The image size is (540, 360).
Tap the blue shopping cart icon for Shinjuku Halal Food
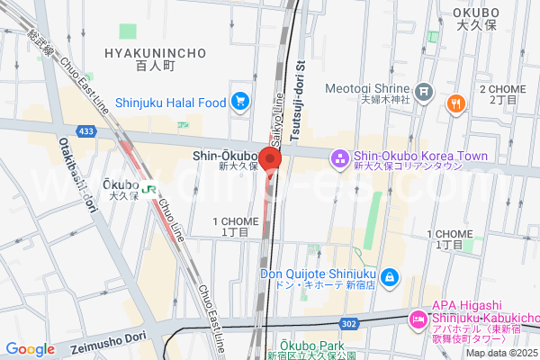(x=239, y=102)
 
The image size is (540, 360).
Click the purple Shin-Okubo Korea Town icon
(x=339, y=158)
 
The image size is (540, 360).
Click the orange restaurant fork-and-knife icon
(x=456, y=103)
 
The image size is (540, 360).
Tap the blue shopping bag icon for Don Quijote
(x=390, y=276)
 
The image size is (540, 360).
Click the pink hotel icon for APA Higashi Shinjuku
(x=418, y=319)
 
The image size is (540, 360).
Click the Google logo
(x=30, y=349)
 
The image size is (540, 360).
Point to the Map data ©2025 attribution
(x=500, y=352)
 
